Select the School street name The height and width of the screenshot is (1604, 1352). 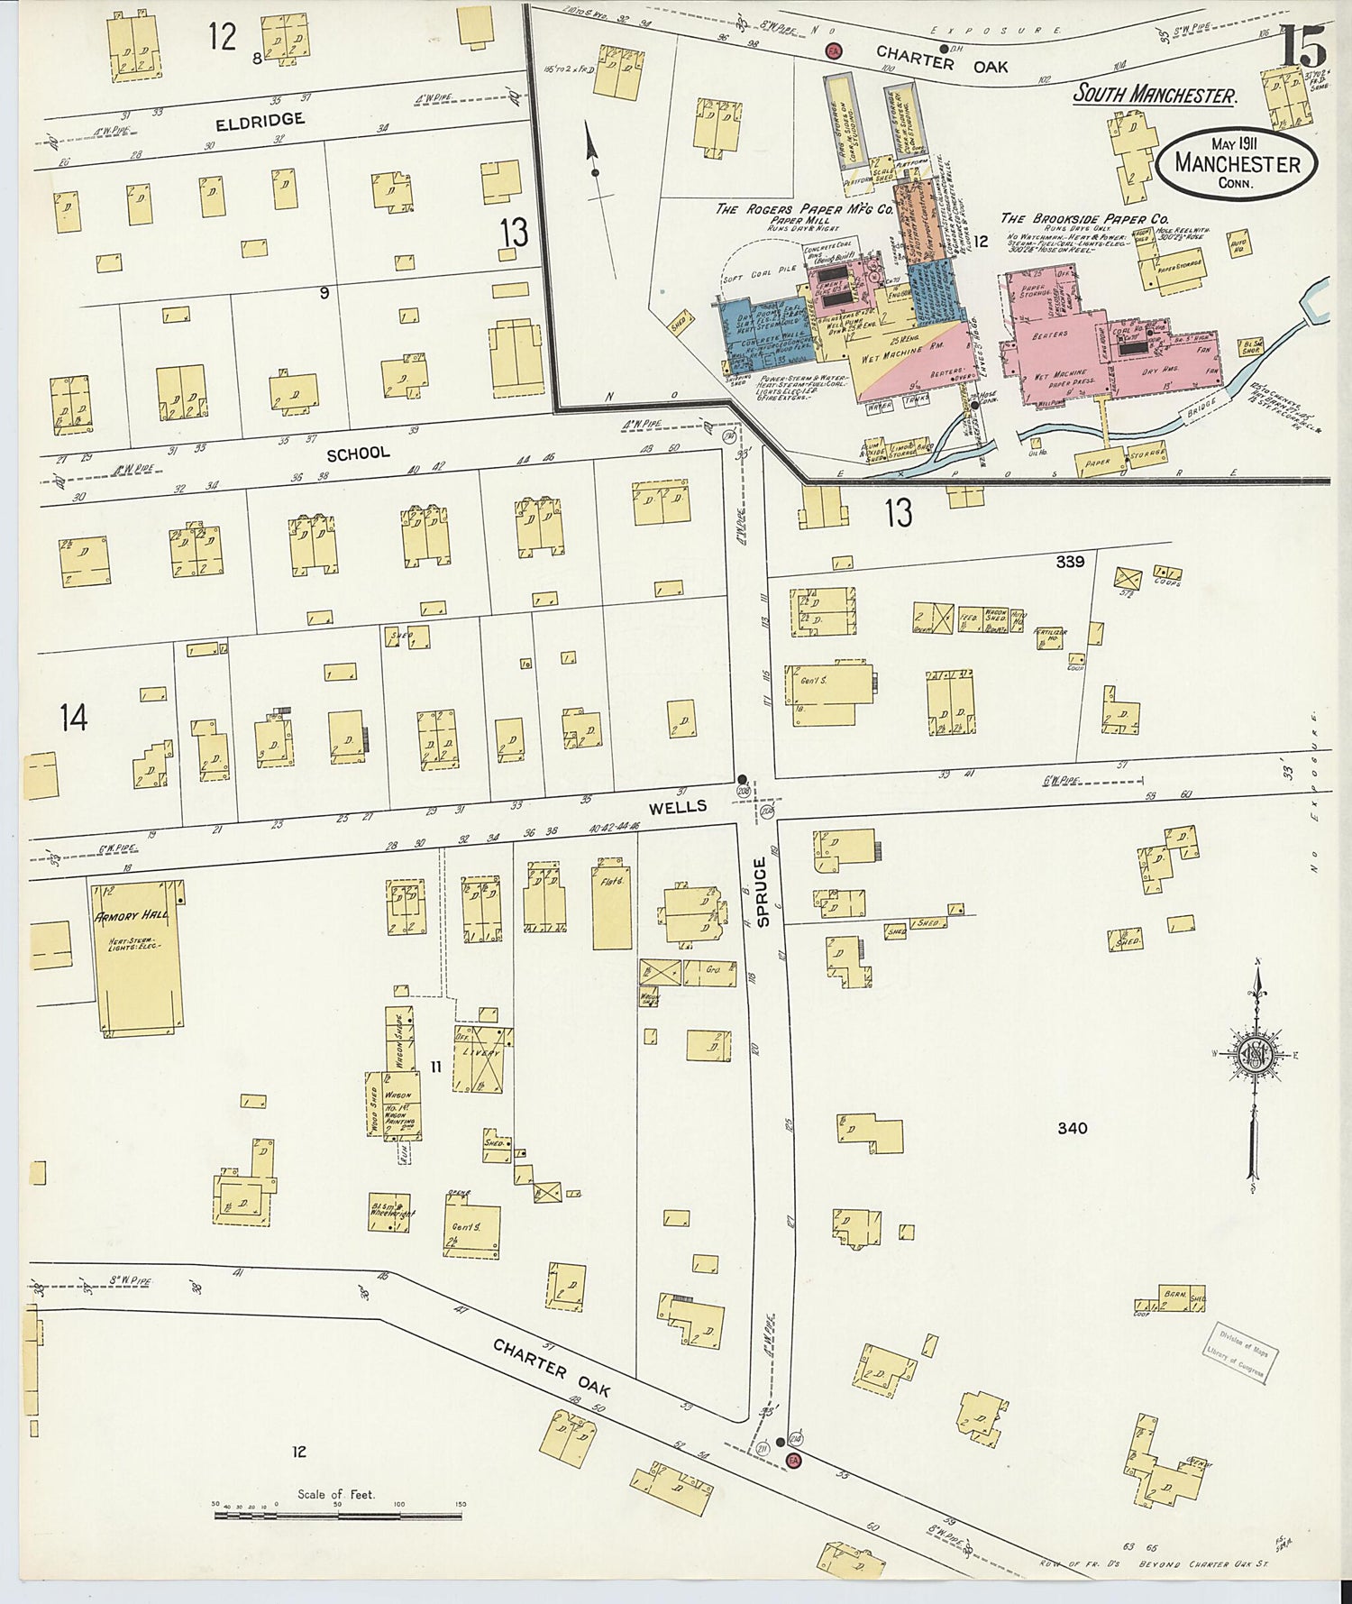point(358,454)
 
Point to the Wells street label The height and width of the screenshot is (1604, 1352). point(678,807)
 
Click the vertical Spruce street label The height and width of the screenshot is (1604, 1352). point(763,892)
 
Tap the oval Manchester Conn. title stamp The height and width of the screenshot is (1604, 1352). point(1237,163)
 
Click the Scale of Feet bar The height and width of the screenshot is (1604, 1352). point(338,1515)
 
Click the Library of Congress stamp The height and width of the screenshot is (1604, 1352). point(1242,1352)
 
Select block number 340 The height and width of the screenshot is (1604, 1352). point(1072,1128)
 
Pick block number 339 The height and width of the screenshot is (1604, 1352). point(1070,562)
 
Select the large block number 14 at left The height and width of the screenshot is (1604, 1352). point(74,719)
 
